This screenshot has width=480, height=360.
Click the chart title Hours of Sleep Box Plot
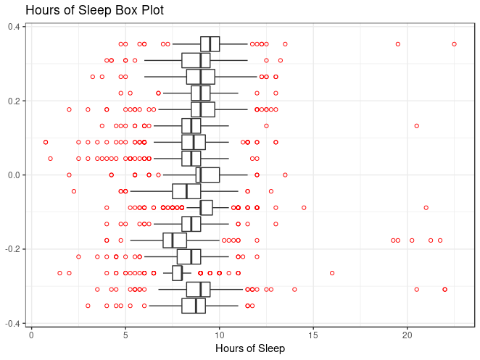[94, 11]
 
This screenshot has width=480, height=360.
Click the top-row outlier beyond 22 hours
[454, 44]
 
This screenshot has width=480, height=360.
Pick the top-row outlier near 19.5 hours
[398, 44]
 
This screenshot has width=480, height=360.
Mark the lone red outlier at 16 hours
[332, 273]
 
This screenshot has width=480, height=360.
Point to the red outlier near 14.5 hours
[304, 208]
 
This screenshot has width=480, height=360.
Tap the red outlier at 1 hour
[50, 159]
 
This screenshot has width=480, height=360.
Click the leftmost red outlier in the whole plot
[46, 142]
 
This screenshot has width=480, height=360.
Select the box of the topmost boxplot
[210, 44]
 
